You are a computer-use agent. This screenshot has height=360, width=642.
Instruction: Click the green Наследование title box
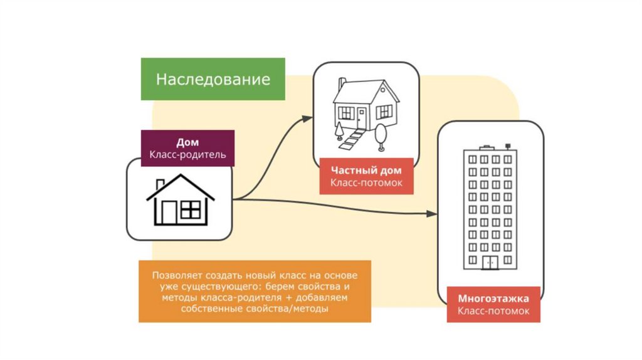pyautogui.click(x=213, y=80)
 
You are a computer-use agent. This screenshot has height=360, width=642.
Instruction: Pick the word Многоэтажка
pyautogui.click(x=493, y=298)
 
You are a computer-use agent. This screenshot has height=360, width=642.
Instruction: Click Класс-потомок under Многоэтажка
pyautogui.click(x=493, y=310)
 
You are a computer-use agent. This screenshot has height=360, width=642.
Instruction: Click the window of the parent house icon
pyautogui.click(x=190, y=210)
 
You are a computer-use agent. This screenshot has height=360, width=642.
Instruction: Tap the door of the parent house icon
pyautogui.click(x=169, y=213)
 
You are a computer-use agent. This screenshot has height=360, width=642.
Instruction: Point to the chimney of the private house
pyautogui.click(x=340, y=84)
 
